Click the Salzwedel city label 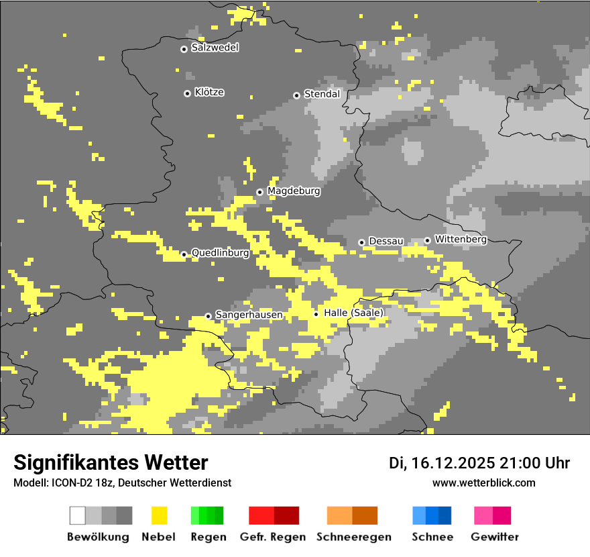click(x=215, y=48)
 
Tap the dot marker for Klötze click(x=187, y=93)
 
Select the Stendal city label click(x=322, y=94)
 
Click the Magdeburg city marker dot click(x=259, y=192)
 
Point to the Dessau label click(x=386, y=241)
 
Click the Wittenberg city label click(x=461, y=239)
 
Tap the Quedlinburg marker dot click(x=184, y=254)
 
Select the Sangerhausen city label click(x=249, y=315)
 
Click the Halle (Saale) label click(x=353, y=313)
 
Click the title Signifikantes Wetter click(x=111, y=462)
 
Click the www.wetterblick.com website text click(x=483, y=483)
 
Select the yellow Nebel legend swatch click(x=159, y=515)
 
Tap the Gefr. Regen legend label click(x=272, y=537)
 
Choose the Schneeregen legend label click(x=354, y=537)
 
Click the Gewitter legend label click(x=495, y=537)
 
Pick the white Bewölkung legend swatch click(x=78, y=515)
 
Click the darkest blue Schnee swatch click(x=445, y=515)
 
